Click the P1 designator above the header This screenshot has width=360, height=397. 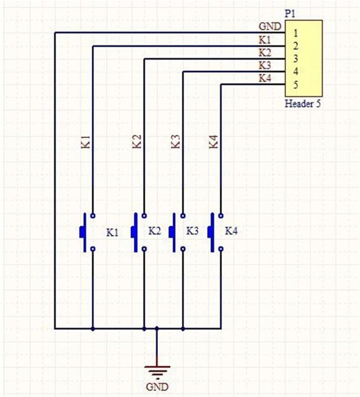[x=290, y=14]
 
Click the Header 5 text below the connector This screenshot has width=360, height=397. [x=302, y=104]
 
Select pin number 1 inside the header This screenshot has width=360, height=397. [x=296, y=33]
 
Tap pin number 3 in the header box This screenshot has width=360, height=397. [x=296, y=59]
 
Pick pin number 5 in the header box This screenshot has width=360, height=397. [x=296, y=85]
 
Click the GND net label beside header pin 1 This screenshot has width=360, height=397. [x=270, y=26]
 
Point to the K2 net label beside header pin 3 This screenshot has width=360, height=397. [x=265, y=53]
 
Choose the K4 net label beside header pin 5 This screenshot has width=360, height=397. [x=265, y=78]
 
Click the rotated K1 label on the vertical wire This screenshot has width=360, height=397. [x=85, y=142]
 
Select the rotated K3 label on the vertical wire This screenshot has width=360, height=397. [x=175, y=142]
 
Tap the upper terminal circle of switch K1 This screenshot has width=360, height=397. [x=93, y=216]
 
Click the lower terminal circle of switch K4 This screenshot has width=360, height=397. [x=221, y=249]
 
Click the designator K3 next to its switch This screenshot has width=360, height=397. [x=193, y=231]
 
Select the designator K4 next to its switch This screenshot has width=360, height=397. [x=231, y=231]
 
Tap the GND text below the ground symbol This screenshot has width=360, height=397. [x=157, y=387]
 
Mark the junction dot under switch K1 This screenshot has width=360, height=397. [x=93, y=329]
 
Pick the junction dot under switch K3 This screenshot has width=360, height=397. [x=183, y=329]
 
